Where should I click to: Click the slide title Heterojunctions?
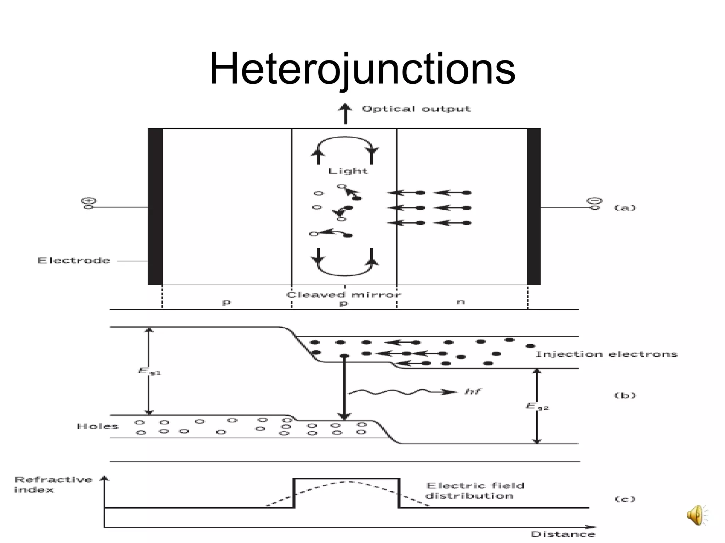[362, 69]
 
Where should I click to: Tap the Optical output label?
[416, 109]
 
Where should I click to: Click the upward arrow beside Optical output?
[346, 113]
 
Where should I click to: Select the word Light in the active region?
[348, 171]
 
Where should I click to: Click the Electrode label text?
[74, 261]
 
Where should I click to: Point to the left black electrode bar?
[155, 207]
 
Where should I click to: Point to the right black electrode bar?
[533, 207]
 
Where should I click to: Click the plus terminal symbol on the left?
[89, 201]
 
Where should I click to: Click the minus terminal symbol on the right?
[595, 201]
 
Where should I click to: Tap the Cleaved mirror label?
[343, 294]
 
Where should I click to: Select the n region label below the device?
[460, 302]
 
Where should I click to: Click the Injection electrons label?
[606, 354]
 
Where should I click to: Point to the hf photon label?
[473, 391]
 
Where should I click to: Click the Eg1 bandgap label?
[149, 371]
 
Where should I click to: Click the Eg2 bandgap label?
[537, 406]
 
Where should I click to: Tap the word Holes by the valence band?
[97, 426]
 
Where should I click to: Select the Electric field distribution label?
[474, 491]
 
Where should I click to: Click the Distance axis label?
[563, 534]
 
